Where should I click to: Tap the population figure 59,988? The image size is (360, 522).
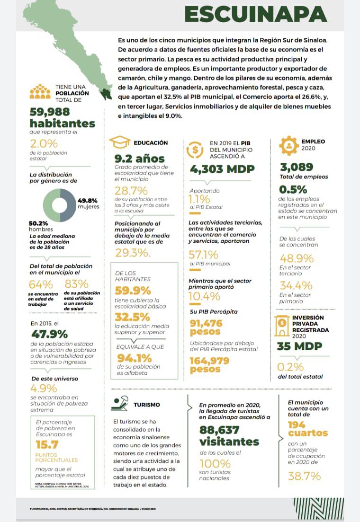tap(49, 112)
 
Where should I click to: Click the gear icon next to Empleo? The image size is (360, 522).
tap(288, 145)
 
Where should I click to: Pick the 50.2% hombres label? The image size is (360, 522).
tap(39, 226)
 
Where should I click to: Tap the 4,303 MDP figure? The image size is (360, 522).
tap(222, 169)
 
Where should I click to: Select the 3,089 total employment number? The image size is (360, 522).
tap(297, 167)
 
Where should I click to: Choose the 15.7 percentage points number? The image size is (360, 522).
tap(47, 444)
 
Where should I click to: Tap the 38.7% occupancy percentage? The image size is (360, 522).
tap(304, 476)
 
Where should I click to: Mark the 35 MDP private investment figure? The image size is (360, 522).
tap(299, 346)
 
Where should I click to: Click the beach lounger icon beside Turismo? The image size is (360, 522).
tap(119, 404)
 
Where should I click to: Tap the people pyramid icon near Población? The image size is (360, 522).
tap(40, 91)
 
